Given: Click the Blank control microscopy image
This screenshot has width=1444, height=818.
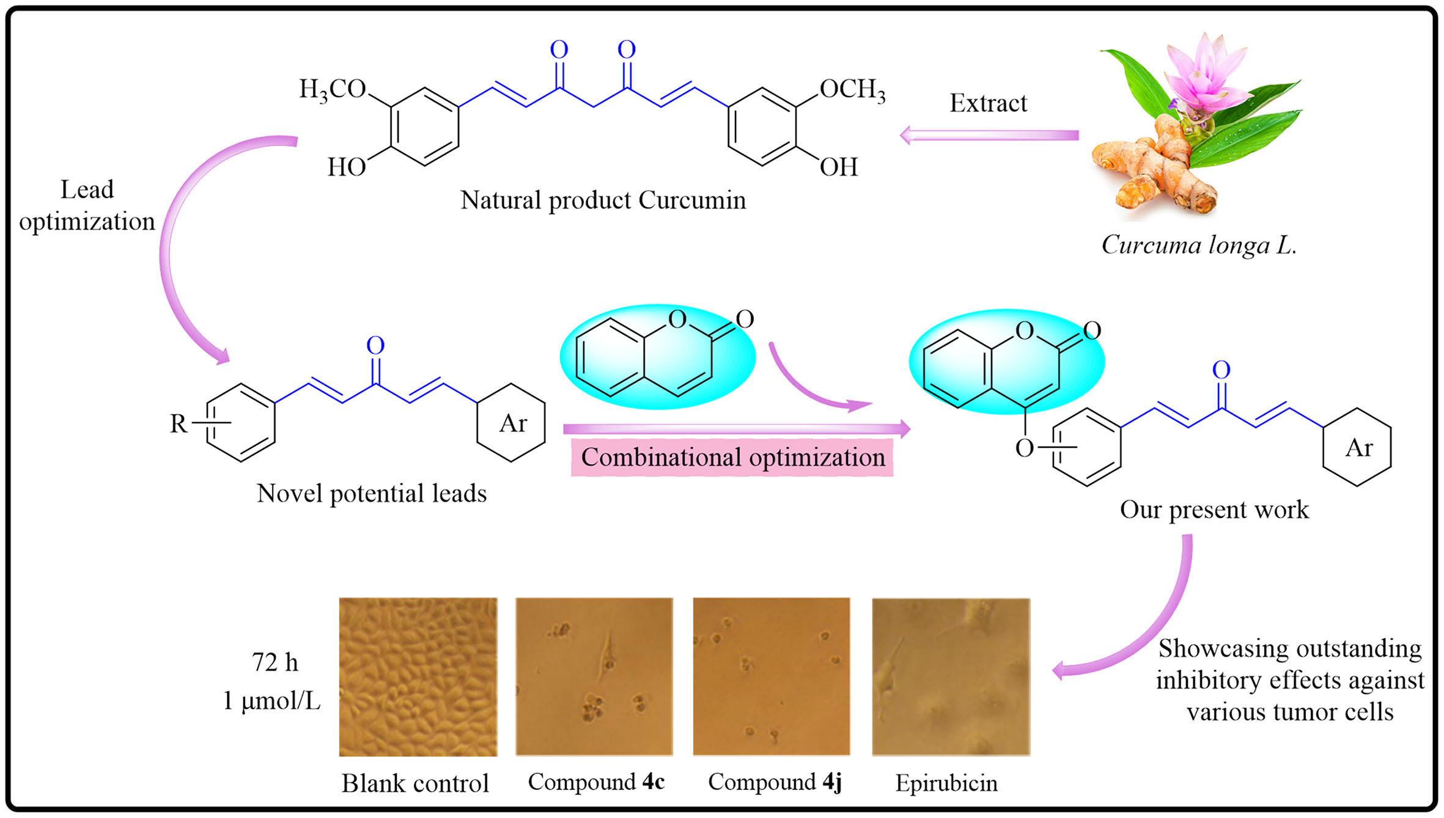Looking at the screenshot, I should click(418, 676).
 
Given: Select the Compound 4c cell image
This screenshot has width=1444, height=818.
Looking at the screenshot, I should click(594, 676).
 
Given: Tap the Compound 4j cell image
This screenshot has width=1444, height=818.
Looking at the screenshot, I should click(771, 676).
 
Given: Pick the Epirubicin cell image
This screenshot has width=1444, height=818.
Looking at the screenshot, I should click(951, 676).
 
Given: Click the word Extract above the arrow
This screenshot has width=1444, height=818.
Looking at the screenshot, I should click(988, 103).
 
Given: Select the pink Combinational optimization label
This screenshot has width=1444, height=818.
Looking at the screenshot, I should click(732, 458).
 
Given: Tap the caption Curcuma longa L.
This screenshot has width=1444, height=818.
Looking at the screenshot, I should click(1199, 245).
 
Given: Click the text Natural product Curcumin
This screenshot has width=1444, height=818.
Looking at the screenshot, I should click(603, 200).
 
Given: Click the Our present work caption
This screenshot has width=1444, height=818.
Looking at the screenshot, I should click(1214, 509).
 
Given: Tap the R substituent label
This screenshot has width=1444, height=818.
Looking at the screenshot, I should click(179, 423).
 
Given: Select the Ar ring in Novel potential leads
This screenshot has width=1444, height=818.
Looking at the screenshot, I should click(512, 423).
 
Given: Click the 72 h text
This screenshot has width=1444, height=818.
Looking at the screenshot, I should click(275, 662).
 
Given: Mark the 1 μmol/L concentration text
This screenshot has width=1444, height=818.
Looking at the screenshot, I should click(271, 701).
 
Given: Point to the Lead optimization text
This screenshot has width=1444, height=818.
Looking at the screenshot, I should click(87, 206).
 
